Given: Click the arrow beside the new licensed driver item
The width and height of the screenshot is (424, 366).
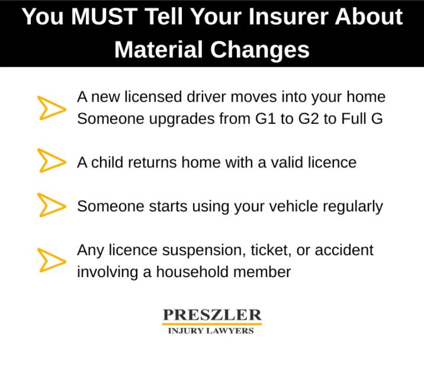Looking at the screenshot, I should (x=51, y=108).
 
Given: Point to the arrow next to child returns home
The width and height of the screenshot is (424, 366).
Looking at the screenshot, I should (x=51, y=161).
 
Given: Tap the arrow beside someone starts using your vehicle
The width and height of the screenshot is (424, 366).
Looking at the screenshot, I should (x=51, y=205).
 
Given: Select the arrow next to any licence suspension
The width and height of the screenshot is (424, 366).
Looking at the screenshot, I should (x=51, y=260).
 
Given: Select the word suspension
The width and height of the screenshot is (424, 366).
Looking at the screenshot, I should (x=199, y=249).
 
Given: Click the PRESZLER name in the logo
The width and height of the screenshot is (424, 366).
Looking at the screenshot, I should (x=211, y=315).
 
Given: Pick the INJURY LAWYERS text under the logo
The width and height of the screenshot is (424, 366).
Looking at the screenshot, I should (x=211, y=331).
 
